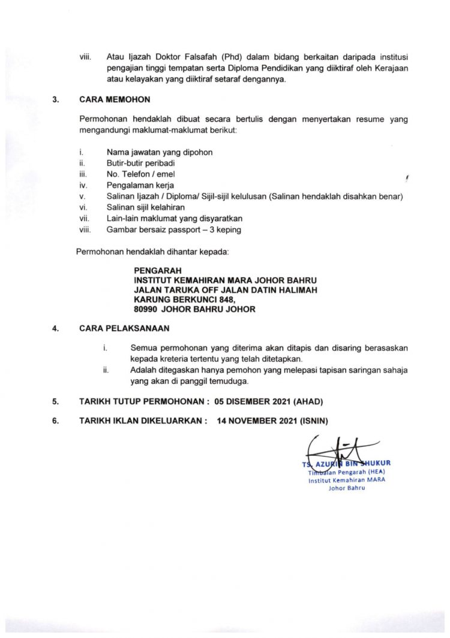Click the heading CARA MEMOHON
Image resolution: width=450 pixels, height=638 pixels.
(x=115, y=99)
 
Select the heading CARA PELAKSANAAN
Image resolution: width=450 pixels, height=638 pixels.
(x=124, y=328)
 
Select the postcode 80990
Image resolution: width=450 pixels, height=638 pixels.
(x=146, y=309)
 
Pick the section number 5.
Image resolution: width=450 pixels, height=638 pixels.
(x=55, y=400)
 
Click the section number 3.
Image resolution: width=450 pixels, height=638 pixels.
(x=55, y=99)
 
